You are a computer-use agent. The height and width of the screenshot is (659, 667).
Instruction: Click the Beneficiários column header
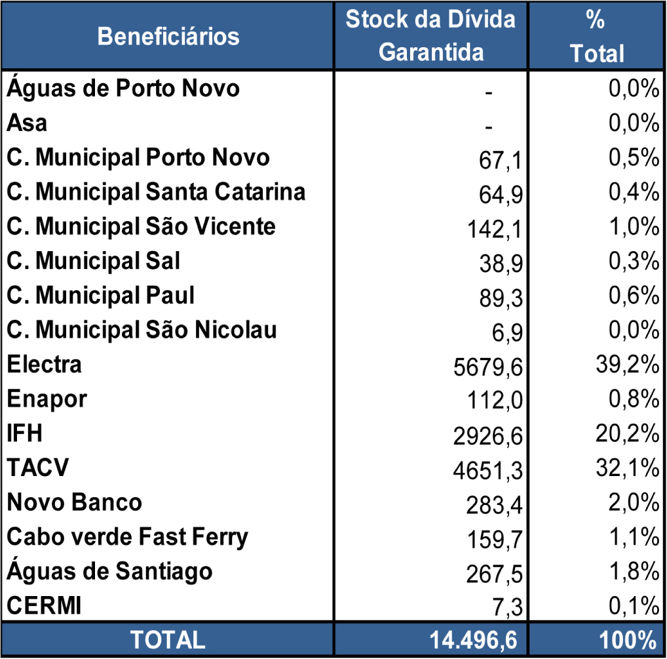coord(168,36)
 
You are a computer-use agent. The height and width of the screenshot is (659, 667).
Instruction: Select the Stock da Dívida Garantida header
coord(430,35)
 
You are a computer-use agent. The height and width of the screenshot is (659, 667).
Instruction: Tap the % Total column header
coord(596,37)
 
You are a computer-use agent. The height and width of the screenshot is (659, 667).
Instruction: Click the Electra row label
coord(45,364)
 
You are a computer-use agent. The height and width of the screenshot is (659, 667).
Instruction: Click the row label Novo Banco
coord(74,502)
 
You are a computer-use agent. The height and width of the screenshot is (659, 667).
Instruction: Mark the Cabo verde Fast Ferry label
coord(128,537)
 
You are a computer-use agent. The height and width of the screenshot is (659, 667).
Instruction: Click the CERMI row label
coord(45,606)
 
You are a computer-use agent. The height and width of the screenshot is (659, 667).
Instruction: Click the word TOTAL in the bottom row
coord(168,639)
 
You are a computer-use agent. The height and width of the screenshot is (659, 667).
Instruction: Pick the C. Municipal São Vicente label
coord(141,226)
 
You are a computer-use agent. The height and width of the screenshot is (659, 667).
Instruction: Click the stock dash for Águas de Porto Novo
coord(488,92)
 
